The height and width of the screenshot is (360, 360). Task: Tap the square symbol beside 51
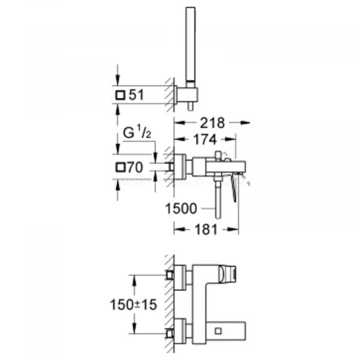pos(121,95)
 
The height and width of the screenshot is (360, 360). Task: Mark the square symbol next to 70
pos(121,166)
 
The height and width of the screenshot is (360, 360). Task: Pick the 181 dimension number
pos(205,229)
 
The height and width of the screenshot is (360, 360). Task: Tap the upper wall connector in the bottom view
pos(174,275)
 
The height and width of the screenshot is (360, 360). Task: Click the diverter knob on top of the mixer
pos(224,158)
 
